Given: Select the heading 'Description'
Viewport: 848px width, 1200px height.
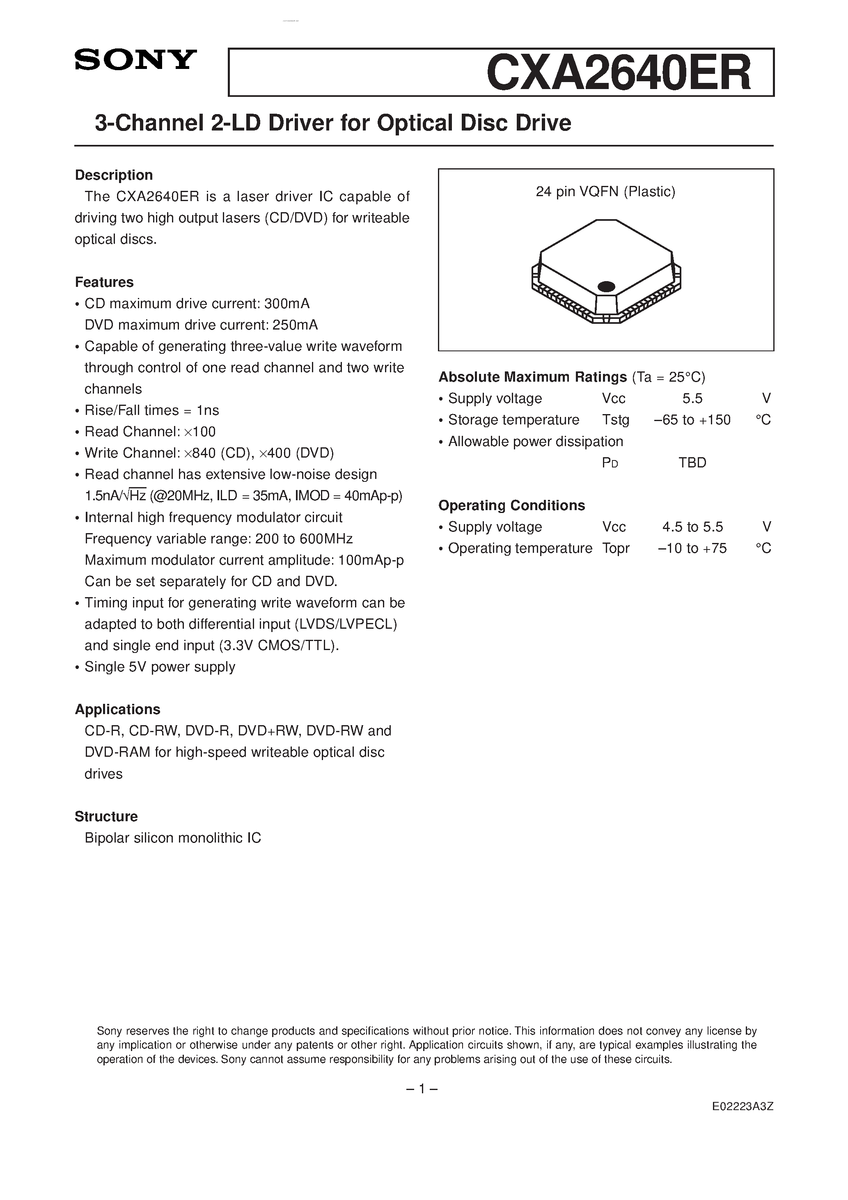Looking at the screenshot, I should click(x=114, y=175).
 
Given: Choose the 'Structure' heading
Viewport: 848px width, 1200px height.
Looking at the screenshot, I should click(x=106, y=816).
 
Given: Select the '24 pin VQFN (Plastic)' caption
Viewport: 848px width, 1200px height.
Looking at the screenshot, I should click(x=605, y=192).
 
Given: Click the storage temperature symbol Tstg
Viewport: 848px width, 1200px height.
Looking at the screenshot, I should click(x=615, y=420).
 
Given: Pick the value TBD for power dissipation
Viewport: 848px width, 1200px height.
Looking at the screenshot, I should click(x=692, y=463).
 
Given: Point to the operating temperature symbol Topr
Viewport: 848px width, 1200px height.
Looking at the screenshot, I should click(x=615, y=548).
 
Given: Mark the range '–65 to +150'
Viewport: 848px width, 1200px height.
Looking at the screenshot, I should click(x=692, y=420).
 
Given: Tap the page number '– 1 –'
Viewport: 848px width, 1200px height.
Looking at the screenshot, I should click(x=422, y=1089).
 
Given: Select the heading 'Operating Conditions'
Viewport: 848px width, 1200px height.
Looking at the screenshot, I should click(x=511, y=505).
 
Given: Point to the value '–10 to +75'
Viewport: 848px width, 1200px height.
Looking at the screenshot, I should click(x=692, y=548).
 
